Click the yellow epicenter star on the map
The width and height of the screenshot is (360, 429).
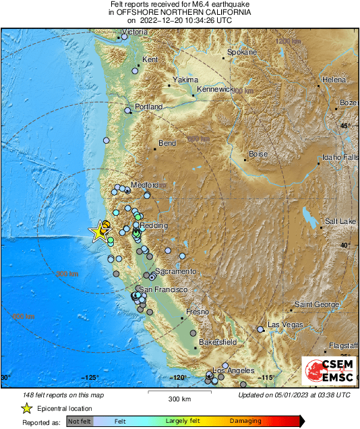[100, 231]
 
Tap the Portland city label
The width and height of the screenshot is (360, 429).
[149, 107]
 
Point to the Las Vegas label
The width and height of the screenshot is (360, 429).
[282, 325]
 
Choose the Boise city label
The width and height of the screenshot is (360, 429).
[258, 154]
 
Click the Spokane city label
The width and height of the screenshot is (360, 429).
[242, 52]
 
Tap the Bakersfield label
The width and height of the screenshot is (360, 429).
[218, 342]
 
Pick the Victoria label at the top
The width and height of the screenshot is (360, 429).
[135, 32]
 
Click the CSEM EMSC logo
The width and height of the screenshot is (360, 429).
[328, 372]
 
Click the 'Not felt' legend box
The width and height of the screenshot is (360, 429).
[79, 422]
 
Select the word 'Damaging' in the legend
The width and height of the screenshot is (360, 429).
[245, 422]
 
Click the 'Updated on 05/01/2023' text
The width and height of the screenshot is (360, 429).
[294, 395]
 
